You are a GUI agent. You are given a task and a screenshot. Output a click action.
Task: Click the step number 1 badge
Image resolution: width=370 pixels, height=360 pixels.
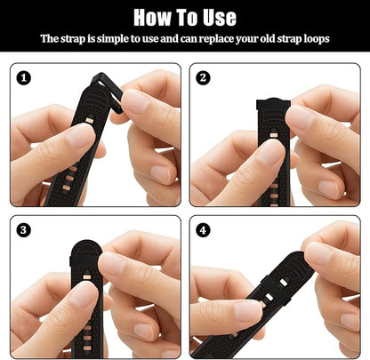[x=25, y=78]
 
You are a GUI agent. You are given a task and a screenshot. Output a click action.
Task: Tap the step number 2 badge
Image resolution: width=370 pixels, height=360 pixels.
[x=204, y=78]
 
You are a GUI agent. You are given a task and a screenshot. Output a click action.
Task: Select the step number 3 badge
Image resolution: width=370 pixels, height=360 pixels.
[x=25, y=230]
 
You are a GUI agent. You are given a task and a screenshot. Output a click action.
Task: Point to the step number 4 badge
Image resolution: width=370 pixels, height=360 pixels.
[x=204, y=230]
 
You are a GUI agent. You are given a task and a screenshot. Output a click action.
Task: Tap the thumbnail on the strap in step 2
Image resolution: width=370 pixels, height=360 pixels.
[x=270, y=153]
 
